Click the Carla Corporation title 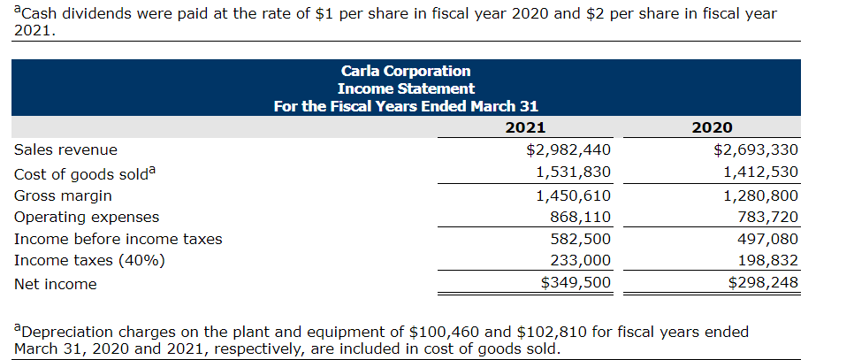pos(405,71)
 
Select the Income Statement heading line pos(405,88)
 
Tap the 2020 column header pos(714,128)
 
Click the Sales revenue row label pos(65,150)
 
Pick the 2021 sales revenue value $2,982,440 pos(568,150)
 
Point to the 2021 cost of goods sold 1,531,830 pos(574,172)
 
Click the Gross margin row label pos(63,195)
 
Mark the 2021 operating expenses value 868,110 pos(580,217)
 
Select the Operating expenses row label pos(87,217)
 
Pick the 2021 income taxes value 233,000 pos(580,261)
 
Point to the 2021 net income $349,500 pos(575,283)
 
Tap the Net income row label pos(56,284)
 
